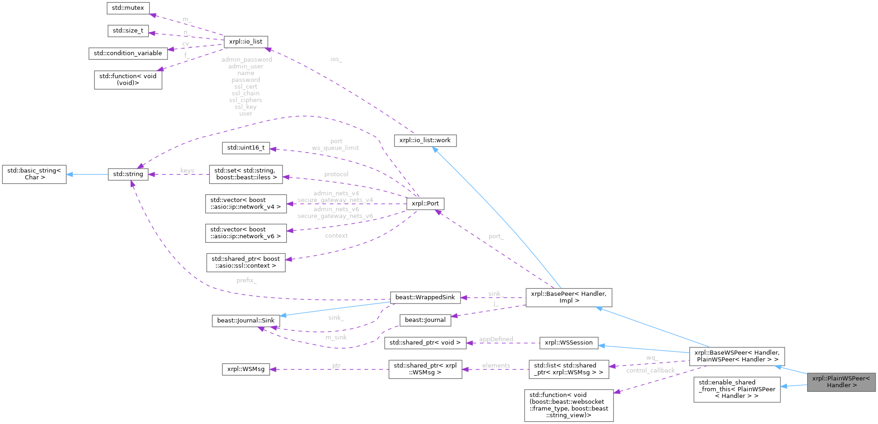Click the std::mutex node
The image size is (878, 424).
(128, 8)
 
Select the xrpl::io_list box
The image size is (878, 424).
(246, 42)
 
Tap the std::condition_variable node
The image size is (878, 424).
(128, 53)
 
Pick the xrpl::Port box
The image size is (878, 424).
(425, 204)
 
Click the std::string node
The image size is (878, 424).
(128, 174)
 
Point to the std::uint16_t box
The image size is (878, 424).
(246, 148)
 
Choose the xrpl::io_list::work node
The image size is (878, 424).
(425, 140)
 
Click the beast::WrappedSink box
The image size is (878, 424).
(425, 298)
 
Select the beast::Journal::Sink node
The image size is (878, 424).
(246, 321)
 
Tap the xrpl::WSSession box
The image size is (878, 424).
(569, 343)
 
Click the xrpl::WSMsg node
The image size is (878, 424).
(246, 369)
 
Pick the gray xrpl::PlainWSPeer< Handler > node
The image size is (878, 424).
(841, 382)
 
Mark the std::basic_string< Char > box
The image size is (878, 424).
(34, 174)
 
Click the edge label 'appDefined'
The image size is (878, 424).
(496, 339)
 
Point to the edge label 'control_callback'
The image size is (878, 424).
(651, 371)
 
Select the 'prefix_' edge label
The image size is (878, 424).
(247, 281)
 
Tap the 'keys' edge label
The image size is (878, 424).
(187, 171)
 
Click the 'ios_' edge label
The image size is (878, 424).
(336, 59)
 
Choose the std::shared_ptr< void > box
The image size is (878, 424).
(425, 343)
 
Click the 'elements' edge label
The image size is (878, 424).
(496, 366)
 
